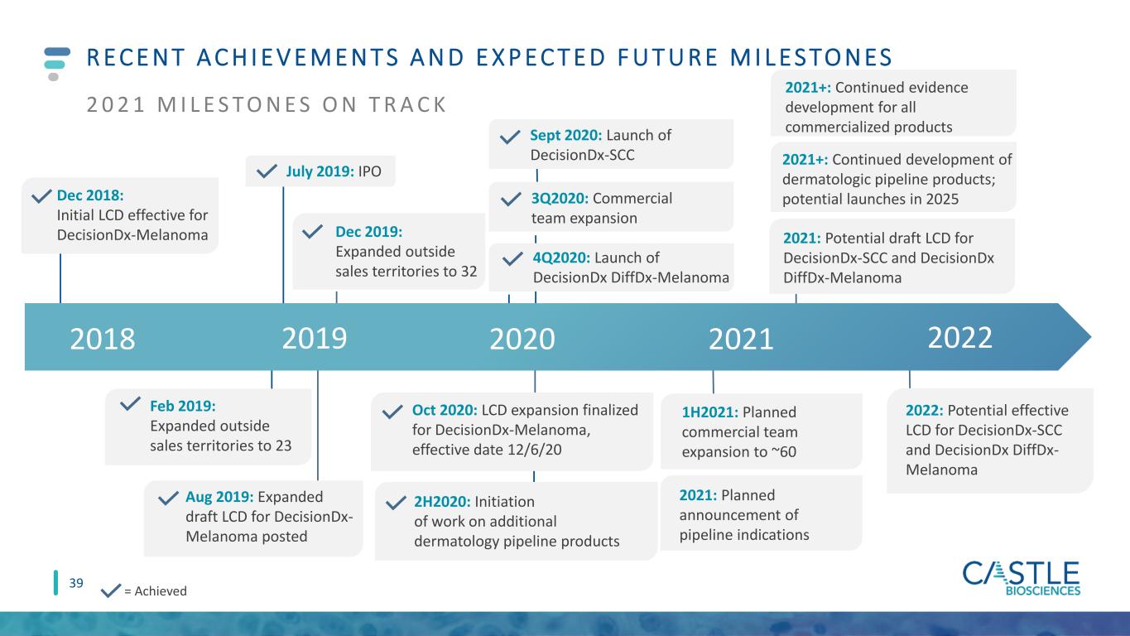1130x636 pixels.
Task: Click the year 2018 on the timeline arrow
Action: (x=103, y=339)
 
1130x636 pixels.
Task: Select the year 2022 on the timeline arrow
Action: (x=960, y=337)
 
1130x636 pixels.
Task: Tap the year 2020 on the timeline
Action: (x=522, y=339)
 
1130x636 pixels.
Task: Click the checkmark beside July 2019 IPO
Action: (x=267, y=171)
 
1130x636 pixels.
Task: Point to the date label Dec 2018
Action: (x=90, y=195)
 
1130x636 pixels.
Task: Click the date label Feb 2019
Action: (x=183, y=406)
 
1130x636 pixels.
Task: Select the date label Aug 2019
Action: (x=219, y=497)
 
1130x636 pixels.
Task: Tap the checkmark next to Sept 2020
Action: (x=510, y=137)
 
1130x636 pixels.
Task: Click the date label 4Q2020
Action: (x=561, y=258)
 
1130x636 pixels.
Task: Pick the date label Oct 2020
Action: (x=445, y=410)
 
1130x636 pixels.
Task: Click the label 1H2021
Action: (x=709, y=412)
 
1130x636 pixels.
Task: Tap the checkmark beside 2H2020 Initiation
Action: (x=396, y=503)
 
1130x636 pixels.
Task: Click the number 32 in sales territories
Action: (x=469, y=272)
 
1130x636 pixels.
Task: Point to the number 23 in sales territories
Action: (x=283, y=446)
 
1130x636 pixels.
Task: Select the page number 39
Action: (x=76, y=584)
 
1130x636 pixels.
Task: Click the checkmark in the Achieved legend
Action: (x=111, y=590)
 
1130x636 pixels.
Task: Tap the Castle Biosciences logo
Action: (x=1022, y=579)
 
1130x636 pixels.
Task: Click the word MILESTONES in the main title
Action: (x=811, y=57)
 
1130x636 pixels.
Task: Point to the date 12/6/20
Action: (x=534, y=450)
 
